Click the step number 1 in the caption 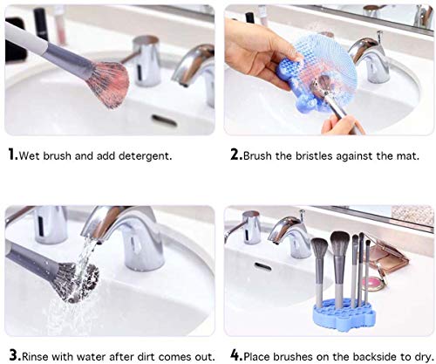[12, 156]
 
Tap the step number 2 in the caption [235, 156]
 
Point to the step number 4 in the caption [236, 355]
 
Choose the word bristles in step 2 [315, 156]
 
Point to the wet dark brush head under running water [77, 281]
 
